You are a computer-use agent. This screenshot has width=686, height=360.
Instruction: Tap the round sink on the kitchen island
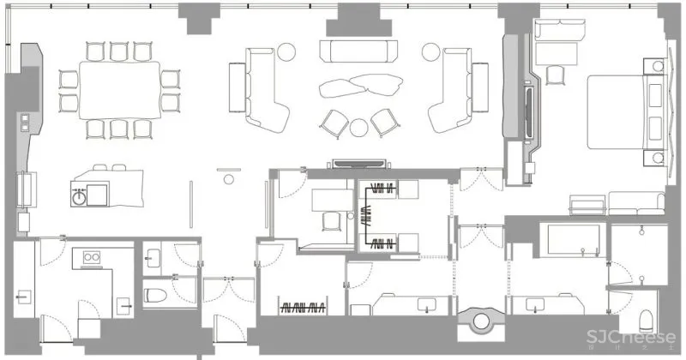[80, 195]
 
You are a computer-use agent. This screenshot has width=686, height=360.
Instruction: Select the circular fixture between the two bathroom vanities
[479, 322]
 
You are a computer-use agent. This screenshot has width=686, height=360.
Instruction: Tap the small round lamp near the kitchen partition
[228, 179]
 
